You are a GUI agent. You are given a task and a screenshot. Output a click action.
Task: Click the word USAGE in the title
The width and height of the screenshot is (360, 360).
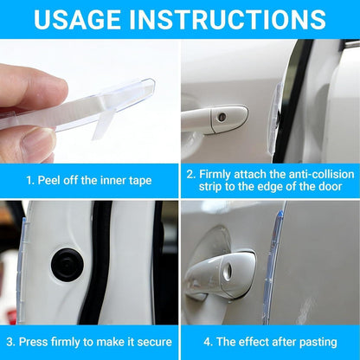(x=77, y=19)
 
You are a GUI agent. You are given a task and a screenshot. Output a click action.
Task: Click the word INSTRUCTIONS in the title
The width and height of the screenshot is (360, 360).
(x=228, y=19)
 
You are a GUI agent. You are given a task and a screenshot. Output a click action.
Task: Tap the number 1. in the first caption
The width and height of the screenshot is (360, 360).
(x=30, y=181)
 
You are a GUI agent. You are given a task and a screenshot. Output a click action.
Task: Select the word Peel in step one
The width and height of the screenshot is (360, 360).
(x=49, y=181)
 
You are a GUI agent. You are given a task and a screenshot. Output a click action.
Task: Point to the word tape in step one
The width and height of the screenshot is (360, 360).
(x=140, y=181)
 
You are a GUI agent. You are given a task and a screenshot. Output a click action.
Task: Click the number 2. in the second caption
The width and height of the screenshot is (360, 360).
(x=191, y=175)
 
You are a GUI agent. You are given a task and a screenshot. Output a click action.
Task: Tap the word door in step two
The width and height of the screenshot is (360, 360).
(x=331, y=187)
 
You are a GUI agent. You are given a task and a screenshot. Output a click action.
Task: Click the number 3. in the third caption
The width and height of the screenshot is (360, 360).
(x=10, y=342)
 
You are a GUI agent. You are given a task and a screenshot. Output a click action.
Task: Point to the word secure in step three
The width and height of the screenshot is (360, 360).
(x=155, y=343)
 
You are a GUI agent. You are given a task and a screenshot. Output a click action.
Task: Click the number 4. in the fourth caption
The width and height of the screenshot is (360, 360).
(x=208, y=342)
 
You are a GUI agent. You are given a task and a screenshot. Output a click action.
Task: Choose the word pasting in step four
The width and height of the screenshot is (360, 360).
(x=318, y=343)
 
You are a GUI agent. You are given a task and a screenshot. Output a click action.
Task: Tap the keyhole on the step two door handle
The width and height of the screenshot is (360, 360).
(x=222, y=118)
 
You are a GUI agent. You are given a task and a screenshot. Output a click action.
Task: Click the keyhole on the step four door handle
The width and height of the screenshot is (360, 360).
(x=227, y=272)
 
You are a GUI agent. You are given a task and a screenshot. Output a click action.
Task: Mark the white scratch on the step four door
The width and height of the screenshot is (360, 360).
(x=305, y=310)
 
